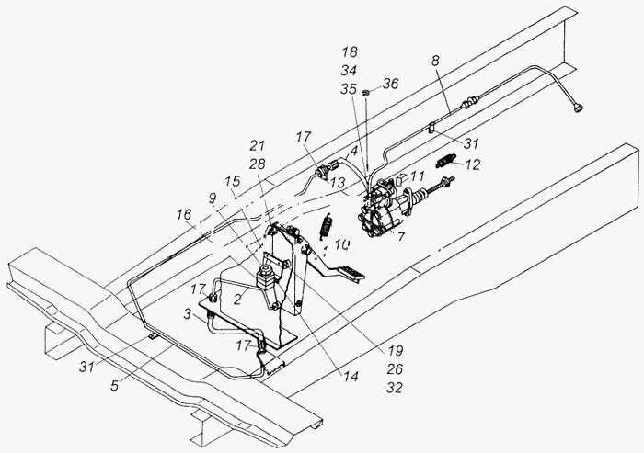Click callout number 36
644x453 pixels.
point(390,84)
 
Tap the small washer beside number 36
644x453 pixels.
point(366,93)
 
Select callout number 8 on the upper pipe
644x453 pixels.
point(435,61)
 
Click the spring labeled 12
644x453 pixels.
point(445,160)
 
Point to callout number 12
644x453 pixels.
point(472,164)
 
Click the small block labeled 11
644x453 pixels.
point(400,179)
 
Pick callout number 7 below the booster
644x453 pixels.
point(401,236)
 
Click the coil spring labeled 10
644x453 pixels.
point(326,227)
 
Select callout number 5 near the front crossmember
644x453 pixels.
point(115,385)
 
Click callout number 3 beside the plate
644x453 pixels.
point(188,316)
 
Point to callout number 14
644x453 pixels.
point(351,377)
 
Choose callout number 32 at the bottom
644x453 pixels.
point(395,388)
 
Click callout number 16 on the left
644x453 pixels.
point(184,215)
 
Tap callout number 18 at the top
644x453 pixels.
point(349,52)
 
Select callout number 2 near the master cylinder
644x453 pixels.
point(237,300)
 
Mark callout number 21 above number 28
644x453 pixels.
point(257,146)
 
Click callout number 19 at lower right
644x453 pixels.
point(395,351)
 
